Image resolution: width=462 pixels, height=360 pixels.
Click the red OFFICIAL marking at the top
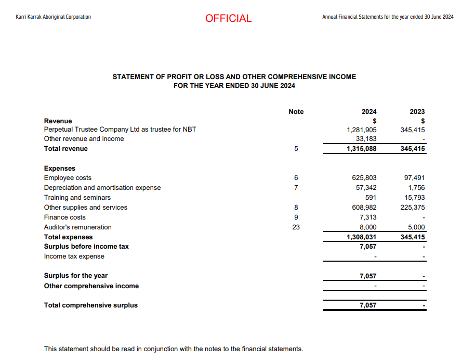tap(228, 18)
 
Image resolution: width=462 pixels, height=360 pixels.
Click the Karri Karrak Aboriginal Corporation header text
tap(54, 17)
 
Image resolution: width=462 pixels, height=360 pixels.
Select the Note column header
tap(296, 112)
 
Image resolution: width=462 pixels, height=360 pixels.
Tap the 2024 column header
tap(369, 112)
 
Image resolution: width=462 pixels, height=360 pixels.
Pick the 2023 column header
tap(417, 112)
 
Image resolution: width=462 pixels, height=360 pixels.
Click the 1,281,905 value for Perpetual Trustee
tap(362, 130)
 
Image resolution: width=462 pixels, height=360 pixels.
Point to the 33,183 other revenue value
tap(365, 139)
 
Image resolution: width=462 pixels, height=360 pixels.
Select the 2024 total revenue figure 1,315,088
tap(362, 149)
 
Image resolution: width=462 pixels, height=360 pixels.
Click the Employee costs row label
tap(68, 178)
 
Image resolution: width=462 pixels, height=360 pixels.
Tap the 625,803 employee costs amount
tap(364, 178)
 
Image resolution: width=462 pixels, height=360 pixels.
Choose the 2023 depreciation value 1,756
tap(417, 188)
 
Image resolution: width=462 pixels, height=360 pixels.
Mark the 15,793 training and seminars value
tap(415, 198)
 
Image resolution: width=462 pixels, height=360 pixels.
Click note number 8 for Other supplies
tap(296, 208)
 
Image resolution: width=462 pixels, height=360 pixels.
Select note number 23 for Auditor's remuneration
tap(296, 227)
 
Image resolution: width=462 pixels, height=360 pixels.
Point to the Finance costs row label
tap(65, 217)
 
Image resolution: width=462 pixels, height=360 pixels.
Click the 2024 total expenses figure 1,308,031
tap(362, 237)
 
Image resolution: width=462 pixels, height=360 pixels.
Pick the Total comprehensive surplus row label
tap(91, 305)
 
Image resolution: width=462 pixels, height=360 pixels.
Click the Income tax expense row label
tap(74, 256)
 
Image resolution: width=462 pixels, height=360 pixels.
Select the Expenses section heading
tap(60, 169)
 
